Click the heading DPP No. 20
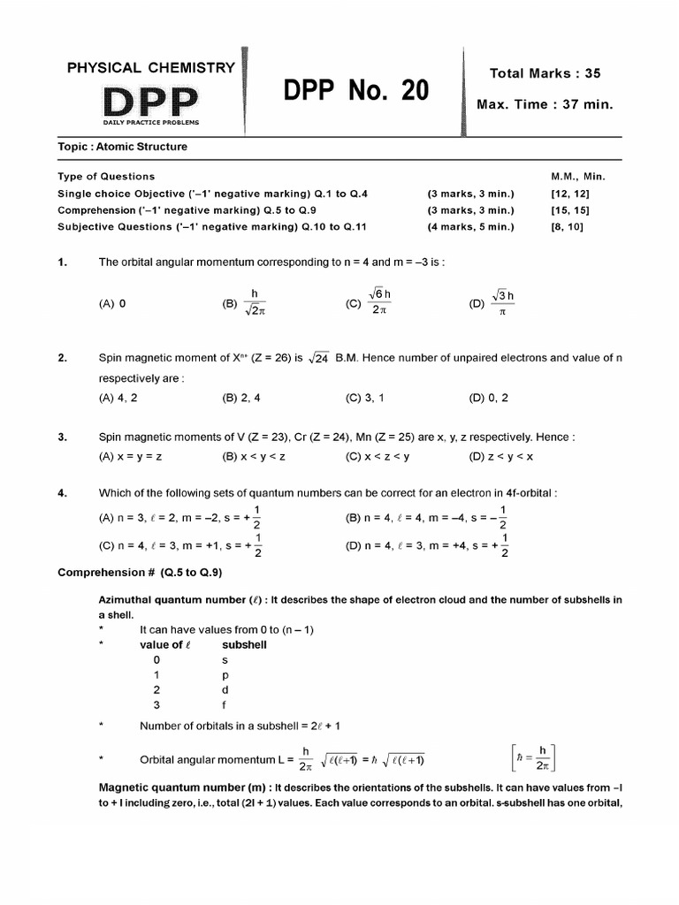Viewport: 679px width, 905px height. click(356, 90)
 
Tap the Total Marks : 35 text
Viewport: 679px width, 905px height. click(545, 73)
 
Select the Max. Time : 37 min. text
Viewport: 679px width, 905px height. click(545, 104)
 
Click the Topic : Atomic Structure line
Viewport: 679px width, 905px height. click(122, 147)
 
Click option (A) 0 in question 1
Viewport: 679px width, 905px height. click(112, 303)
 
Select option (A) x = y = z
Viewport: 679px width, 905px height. click(129, 457)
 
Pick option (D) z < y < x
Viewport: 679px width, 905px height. click(500, 457)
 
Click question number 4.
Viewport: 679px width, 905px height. click(63, 493)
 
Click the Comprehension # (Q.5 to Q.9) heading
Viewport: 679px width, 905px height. click(140, 572)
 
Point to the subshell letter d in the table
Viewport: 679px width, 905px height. click(225, 689)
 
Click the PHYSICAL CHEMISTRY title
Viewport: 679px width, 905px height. click(151, 67)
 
